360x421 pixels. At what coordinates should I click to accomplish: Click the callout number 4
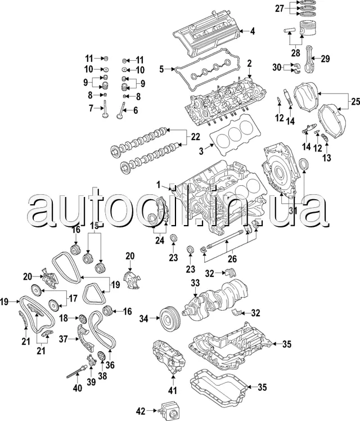tap(253, 31)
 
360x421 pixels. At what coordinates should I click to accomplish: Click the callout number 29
tap(325, 58)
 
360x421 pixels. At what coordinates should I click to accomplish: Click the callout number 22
tap(195, 137)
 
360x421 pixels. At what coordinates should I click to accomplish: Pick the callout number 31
tap(292, 210)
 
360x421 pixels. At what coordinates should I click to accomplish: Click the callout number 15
tap(94, 226)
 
